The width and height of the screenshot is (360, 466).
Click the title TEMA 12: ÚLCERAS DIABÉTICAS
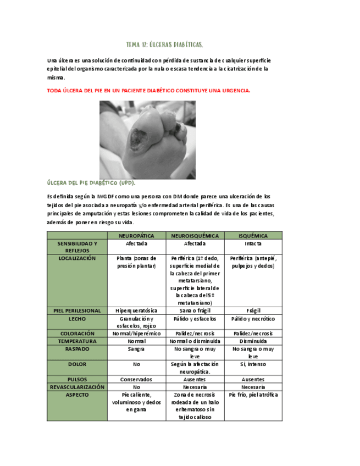click(165, 45)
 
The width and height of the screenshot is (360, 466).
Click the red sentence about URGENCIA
click(148, 90)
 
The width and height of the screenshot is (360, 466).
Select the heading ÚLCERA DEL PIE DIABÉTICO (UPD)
click(91, 182)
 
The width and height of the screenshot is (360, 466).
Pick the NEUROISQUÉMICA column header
click(195, 236)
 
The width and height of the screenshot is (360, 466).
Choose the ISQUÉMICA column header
click(253, 236)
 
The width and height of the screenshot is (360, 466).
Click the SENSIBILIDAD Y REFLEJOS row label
click(77, 247)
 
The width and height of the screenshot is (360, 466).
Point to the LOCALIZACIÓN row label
click(77, 258)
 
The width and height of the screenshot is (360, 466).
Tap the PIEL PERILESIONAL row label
click(77, 311)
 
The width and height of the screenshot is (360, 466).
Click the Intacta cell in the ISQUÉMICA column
click(253, 243)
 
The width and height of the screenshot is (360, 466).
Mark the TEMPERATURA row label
click(77, 341)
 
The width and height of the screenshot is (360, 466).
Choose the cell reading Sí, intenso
click(253, 364)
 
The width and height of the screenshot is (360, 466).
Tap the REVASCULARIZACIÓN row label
click(77, 387)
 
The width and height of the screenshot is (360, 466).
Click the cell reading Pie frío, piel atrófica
click(253, 395)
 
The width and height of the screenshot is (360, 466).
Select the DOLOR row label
click(77, 364)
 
